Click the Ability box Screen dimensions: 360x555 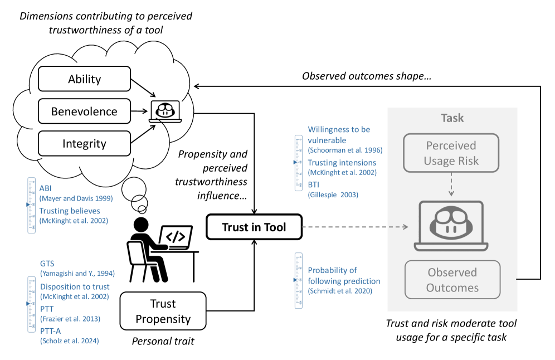point(85,79)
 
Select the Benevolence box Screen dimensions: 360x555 point(85,111)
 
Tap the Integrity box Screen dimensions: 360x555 point(85,143)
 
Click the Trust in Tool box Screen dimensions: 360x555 point(254,227)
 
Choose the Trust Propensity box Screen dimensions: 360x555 point(163,312)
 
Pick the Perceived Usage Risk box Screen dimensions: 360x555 point(451,153)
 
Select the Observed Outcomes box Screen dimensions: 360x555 point(452,280)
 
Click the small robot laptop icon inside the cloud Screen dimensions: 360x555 point(165,111)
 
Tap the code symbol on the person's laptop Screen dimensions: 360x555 point(176,237)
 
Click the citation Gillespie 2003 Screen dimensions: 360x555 point(333,195)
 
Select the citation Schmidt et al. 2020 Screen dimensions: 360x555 point(337,291)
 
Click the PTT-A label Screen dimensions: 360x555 point(51,330)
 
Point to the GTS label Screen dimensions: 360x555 point(47,263)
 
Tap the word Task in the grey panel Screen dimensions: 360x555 point(452,118)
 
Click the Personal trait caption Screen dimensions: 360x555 point(163,341)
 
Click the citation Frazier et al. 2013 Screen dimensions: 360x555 point(70,319)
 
